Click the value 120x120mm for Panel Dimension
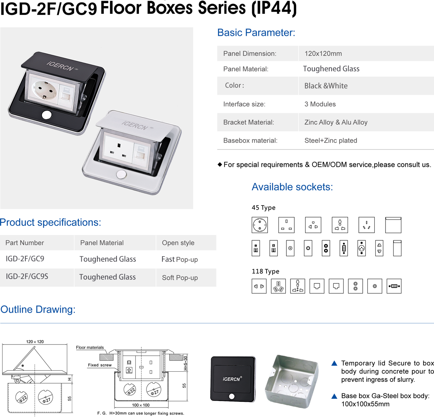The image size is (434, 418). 323,54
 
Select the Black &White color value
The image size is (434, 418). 326,86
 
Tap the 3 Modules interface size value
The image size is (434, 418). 320,104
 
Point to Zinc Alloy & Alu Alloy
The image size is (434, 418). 336,122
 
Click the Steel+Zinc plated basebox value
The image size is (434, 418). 331,140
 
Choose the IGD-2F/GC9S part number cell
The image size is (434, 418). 27,276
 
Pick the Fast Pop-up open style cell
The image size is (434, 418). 179,259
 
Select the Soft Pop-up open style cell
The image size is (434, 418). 180,278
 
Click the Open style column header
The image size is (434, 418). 178,243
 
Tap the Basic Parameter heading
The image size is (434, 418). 256,33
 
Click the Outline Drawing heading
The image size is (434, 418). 38,309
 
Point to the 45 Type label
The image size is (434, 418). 263,208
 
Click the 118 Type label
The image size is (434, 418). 265,271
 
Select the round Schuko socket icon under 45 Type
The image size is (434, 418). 260,225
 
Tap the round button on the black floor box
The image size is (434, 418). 47,115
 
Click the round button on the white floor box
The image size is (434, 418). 122,174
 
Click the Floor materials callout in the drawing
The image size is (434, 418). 90,347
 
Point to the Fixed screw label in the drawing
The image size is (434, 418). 100,365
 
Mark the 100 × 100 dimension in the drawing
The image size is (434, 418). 141,405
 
